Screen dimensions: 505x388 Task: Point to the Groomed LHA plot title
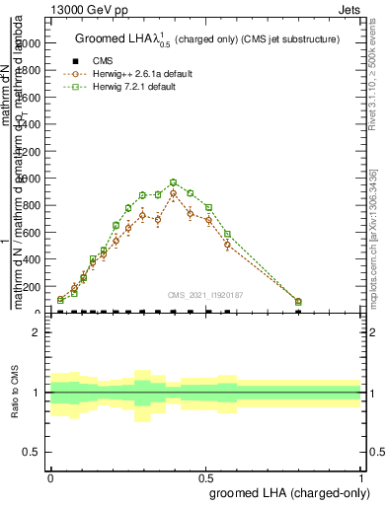207,38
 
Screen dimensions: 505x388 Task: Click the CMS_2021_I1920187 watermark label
205,294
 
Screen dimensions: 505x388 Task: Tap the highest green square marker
173,182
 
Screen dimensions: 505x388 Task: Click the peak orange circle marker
173,193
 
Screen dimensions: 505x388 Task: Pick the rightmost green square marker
298,302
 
